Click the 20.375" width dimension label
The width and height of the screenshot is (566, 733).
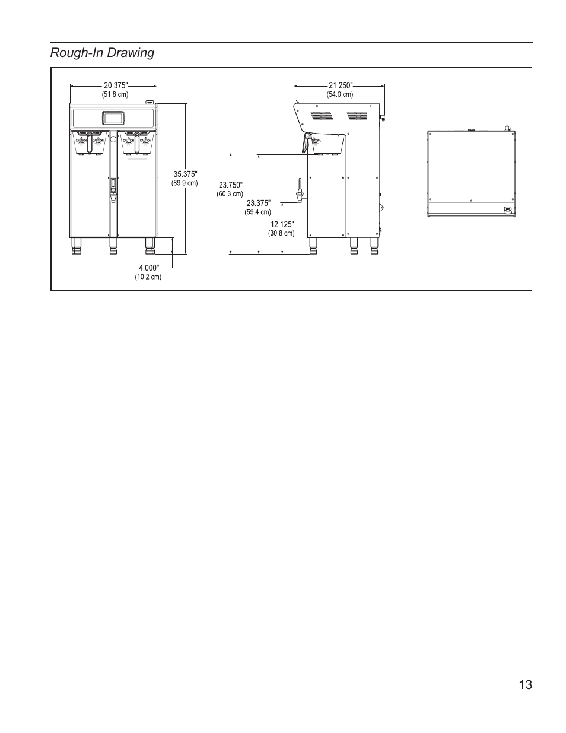116,85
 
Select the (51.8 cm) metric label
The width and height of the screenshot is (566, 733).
115,94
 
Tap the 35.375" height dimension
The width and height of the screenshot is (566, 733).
185,174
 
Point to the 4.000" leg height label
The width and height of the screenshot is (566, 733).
149,268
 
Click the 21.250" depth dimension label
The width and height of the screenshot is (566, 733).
341,85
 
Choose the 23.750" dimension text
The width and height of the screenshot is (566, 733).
231,185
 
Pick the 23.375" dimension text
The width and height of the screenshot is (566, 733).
258,204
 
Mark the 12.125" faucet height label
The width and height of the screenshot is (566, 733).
282,224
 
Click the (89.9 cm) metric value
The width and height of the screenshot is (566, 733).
185,183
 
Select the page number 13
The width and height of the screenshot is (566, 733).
524,685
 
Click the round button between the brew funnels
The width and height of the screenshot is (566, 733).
113,140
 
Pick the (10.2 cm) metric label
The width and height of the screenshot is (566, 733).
148,277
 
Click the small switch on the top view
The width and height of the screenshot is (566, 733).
507,209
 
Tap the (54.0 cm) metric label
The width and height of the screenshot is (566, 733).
340,94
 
